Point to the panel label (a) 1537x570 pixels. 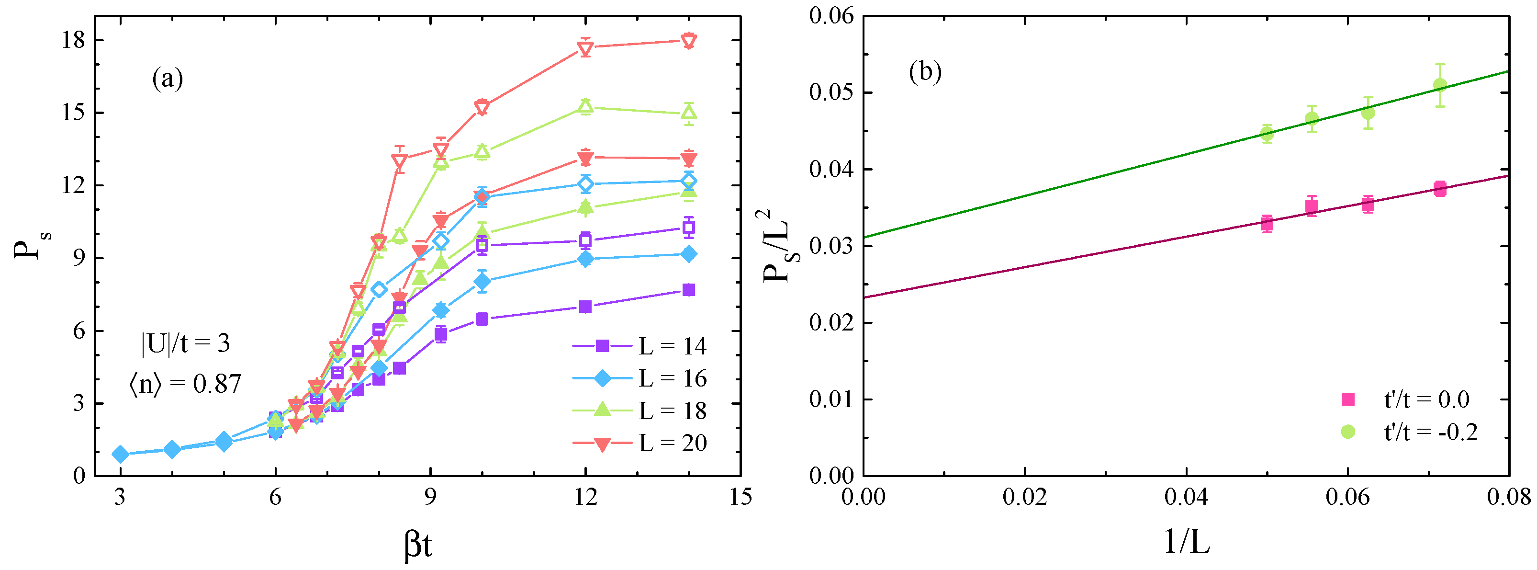168,78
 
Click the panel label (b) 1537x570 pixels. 925,72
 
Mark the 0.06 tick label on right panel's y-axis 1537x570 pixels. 831,16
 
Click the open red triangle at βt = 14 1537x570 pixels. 688,41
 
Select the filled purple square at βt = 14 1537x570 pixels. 688,290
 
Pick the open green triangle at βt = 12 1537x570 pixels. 585,107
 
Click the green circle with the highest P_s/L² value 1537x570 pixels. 1440,85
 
